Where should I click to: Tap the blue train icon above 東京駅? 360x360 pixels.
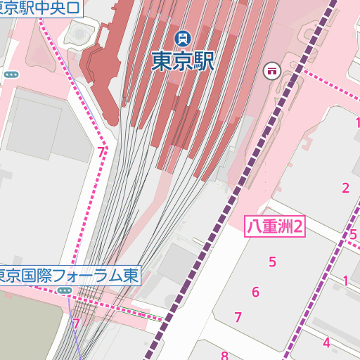tap(182, 37)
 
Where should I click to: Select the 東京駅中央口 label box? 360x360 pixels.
tap(40, 8)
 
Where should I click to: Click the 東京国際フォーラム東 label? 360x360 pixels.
tap(69, 274)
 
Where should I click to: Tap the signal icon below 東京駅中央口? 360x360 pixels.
tap(11, 75)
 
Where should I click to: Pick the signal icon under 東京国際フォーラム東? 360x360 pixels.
tap(65, 290)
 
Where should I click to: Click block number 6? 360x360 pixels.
tap(255, 292)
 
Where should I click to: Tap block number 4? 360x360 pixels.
tap(326, 343)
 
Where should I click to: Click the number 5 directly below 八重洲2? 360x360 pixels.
tap(272, 262)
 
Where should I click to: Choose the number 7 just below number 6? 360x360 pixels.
tap(238, 317)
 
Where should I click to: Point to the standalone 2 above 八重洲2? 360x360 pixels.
tap(345, 188)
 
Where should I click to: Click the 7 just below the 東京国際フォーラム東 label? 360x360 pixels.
tap(76, 324)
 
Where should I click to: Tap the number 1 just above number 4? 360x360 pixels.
tap(345, 281)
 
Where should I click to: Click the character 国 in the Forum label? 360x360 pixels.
tap(27, 274)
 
